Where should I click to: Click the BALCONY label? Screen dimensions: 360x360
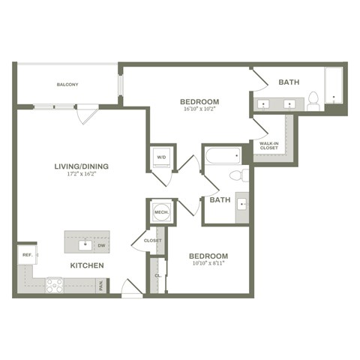click(67, 85)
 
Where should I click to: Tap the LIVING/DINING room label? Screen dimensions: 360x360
click(80, 166)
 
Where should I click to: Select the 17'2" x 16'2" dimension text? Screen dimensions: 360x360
click(80, 175)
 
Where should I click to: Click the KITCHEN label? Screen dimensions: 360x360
click(87, 265)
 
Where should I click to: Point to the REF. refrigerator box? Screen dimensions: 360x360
click(25, 255)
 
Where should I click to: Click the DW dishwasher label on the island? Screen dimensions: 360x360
click(100, 244)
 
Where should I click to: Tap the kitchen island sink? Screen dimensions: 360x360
click(85, 244)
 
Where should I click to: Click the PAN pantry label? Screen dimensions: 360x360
click(101, 286)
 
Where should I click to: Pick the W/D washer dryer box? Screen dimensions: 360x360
click(161, 157)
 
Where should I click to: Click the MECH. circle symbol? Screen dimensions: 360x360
click(161, 211)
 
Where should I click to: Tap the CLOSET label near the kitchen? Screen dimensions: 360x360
click(153, 241)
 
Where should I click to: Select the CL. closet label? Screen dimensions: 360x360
click(157, 275)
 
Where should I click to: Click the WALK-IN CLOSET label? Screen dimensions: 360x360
click(268, 145)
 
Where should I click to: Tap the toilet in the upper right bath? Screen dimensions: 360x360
click(313, 100)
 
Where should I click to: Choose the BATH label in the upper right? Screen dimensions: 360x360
click(289, 82)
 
